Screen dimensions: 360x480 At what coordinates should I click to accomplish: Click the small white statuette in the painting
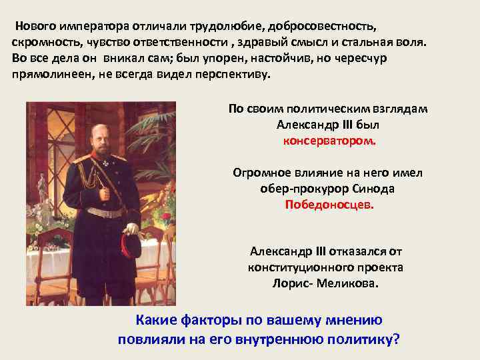43,194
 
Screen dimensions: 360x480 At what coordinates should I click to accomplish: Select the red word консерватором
329,141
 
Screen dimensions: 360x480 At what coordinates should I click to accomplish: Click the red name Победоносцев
329,204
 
